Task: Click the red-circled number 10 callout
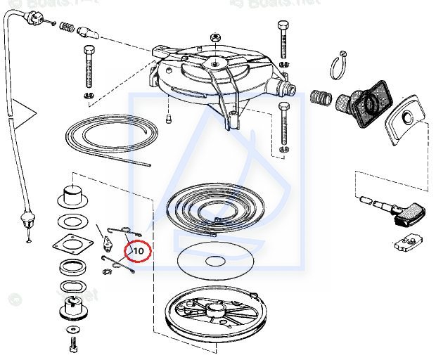coord(138,250)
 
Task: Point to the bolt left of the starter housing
coord(89,67)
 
